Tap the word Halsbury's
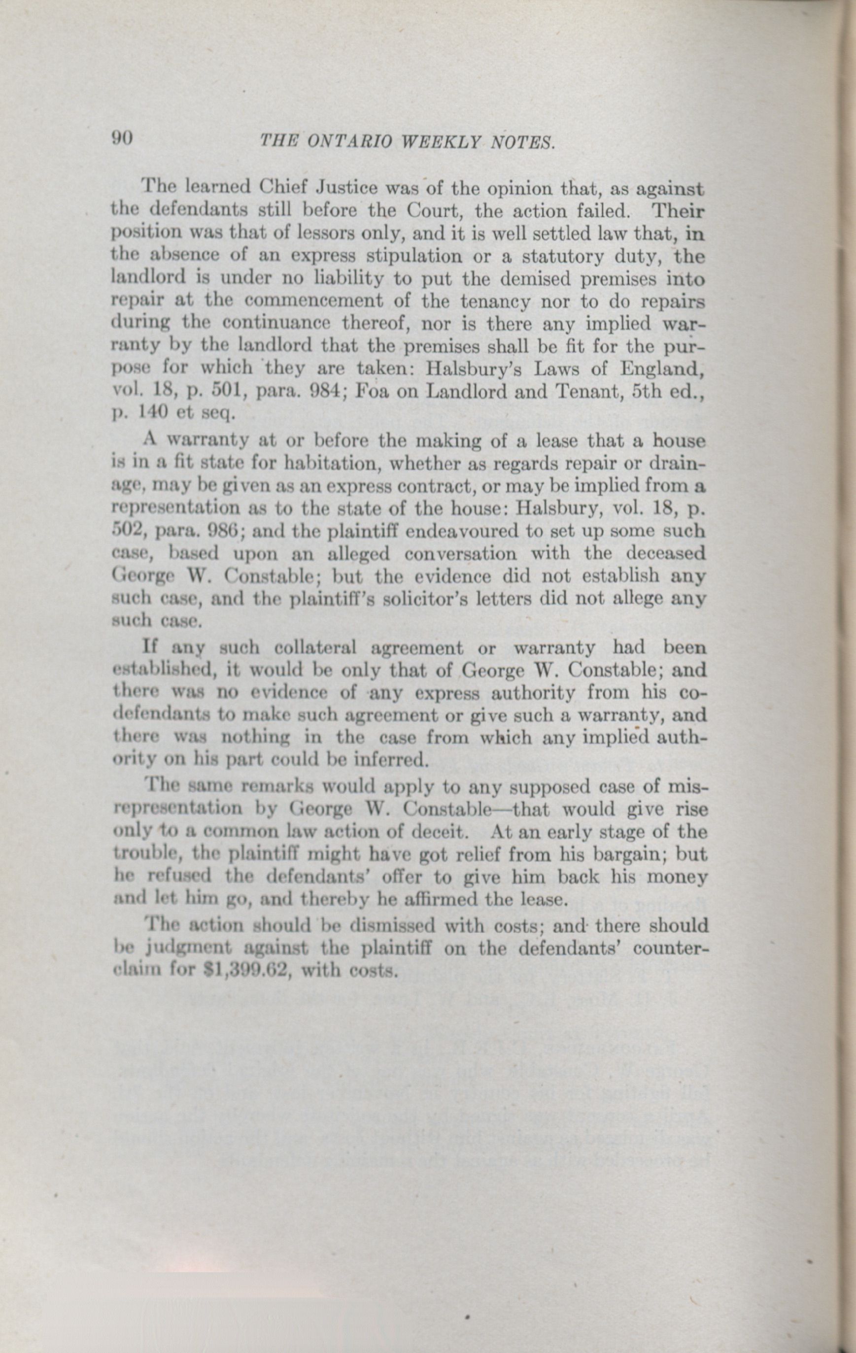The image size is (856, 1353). click(477, 369)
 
